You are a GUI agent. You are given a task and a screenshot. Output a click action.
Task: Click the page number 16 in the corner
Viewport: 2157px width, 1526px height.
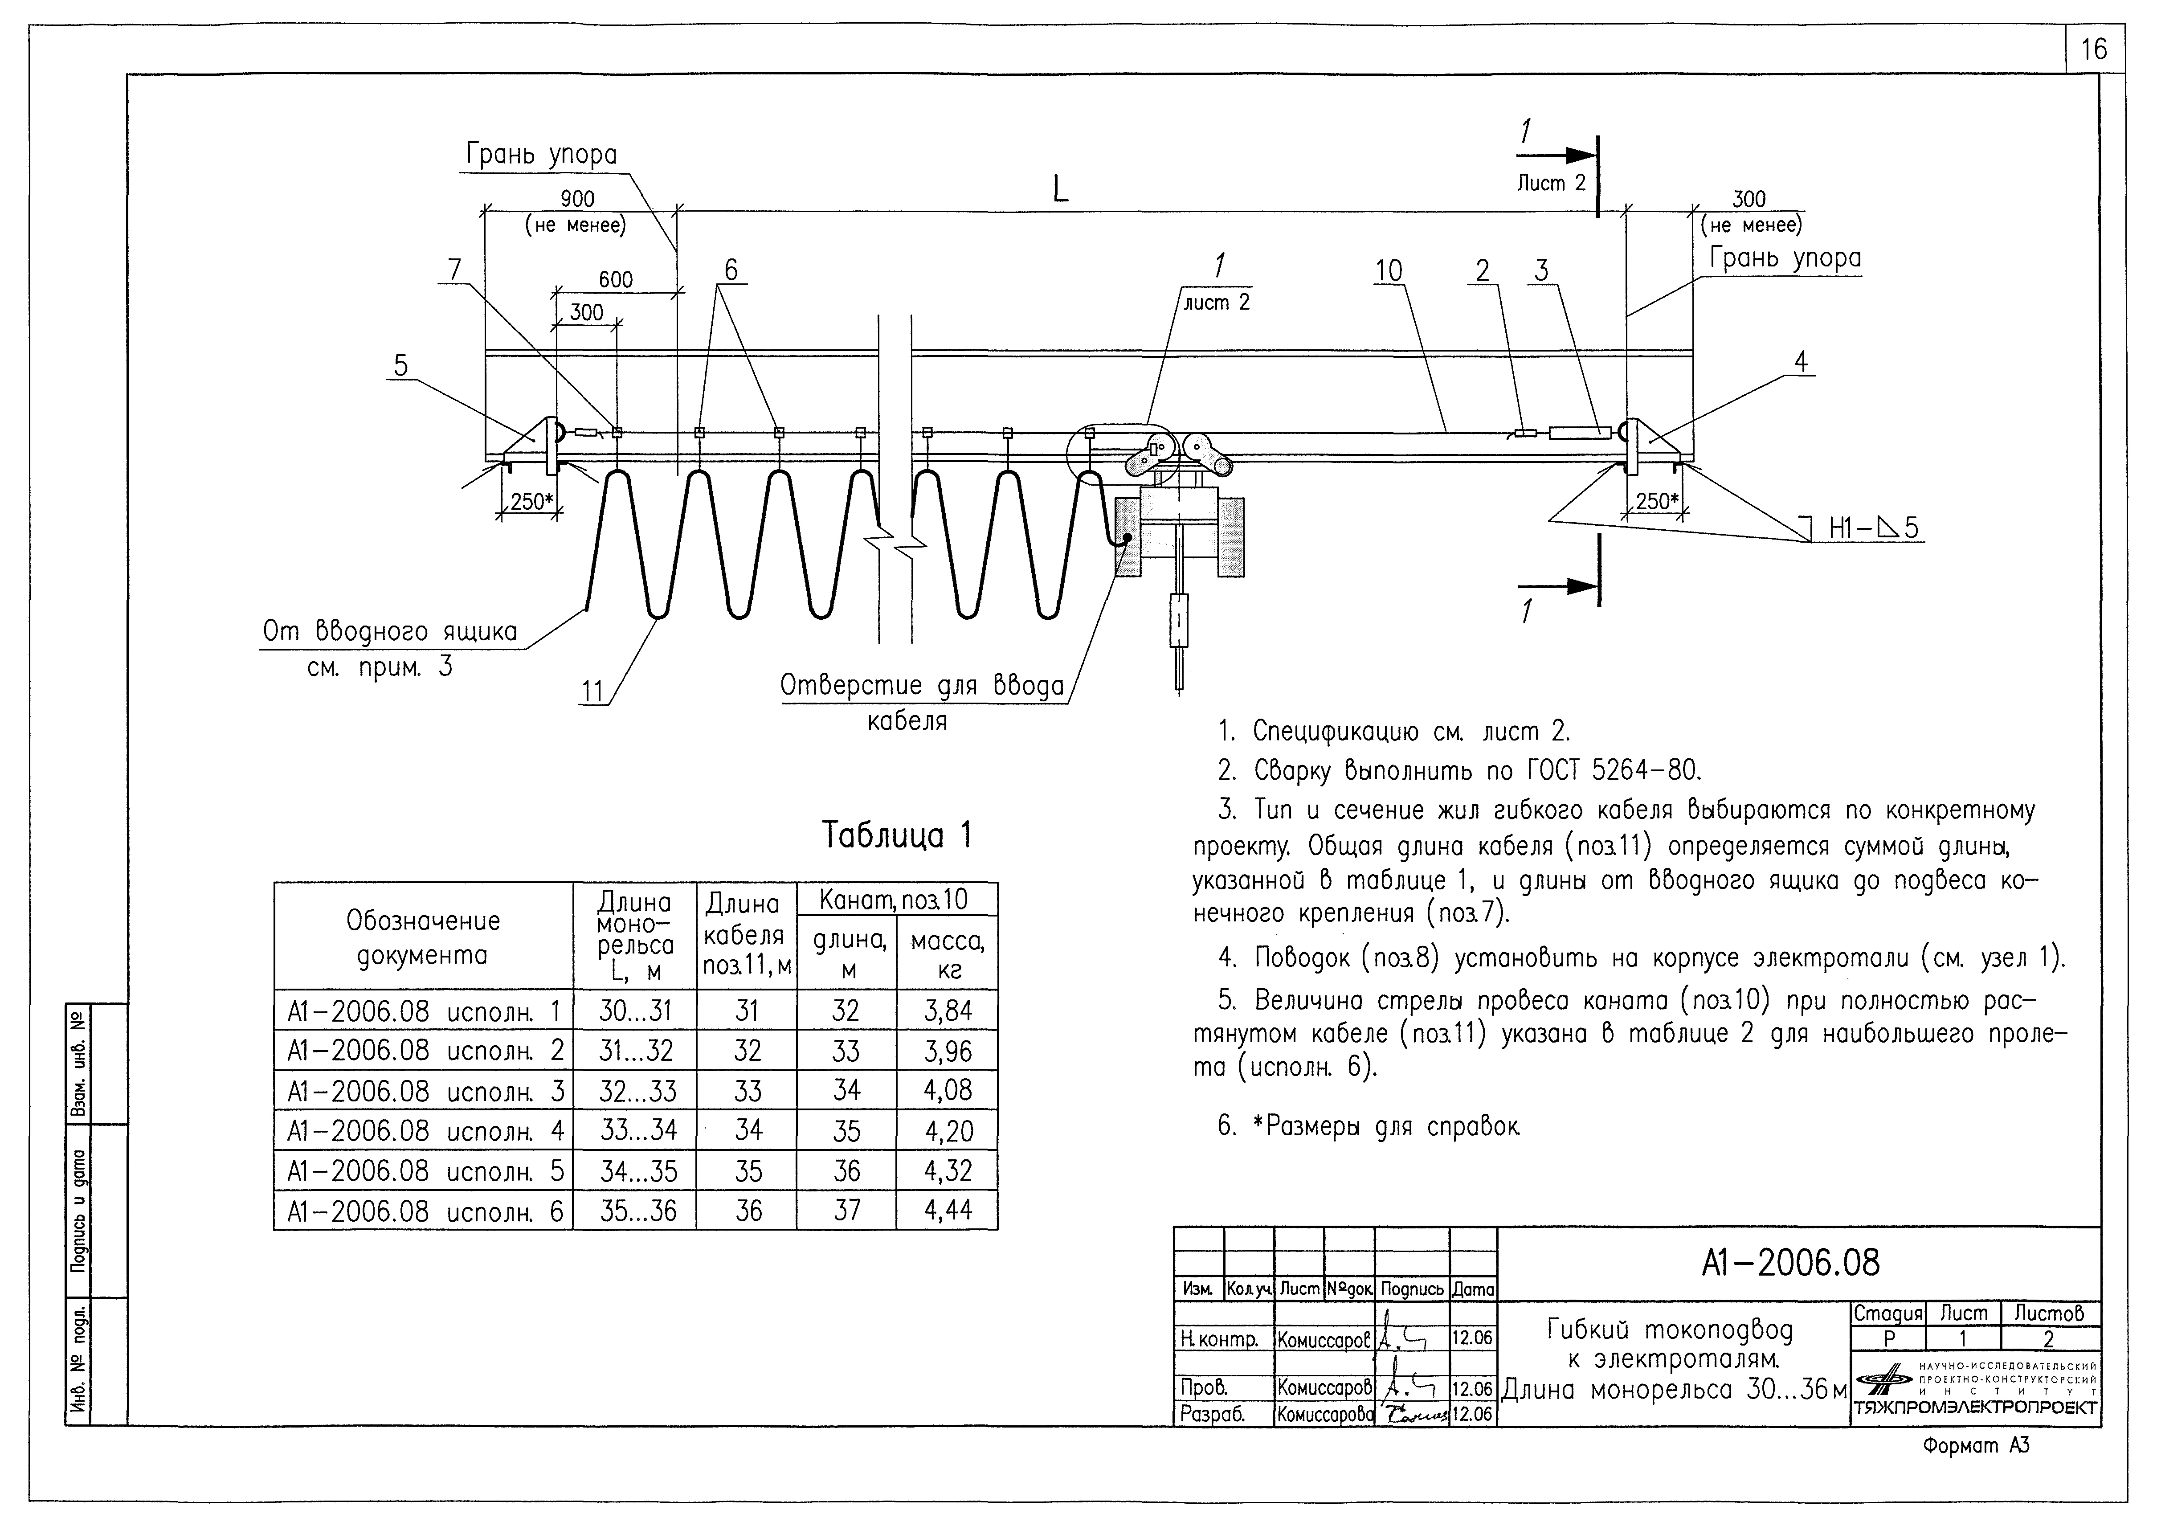(2094, 49)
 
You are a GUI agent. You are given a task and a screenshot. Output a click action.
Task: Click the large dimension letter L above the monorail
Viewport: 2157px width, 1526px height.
(1060, 191)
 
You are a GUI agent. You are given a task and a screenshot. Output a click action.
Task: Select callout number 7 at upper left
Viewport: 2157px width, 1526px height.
(455, 270)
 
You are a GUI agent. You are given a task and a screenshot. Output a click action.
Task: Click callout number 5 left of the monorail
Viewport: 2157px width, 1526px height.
(401, 365)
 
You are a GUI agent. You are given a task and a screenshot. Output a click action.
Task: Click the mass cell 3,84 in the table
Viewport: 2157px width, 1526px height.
(947, 1011)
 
